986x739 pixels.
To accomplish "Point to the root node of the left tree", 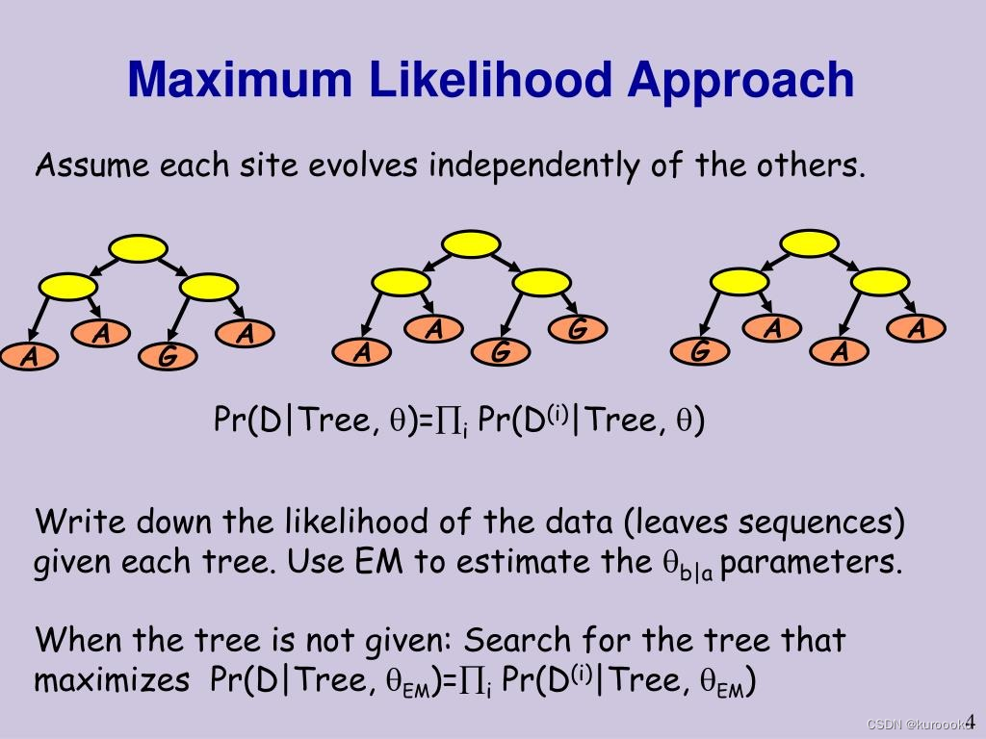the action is pyautogui.click(x=139, y=248).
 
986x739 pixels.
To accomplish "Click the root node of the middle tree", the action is pyautogui.click(x=472, y=242).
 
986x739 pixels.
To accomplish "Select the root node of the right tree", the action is pyautogui.click(x=809, y=242).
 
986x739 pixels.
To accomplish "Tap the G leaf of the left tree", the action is pyautogui.click(x=168, y=357).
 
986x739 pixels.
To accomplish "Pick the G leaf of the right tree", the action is pyautogui.click(x=699, y=352).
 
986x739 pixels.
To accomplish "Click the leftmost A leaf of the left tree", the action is pyautogui.click(x=31, y=357).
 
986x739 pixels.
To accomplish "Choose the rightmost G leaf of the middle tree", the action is pyautogui.click(x=577, y=329).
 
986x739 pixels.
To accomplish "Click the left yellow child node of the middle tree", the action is pyautogui.click(x=401, y=282).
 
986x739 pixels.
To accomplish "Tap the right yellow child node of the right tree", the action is pyautogui.click(x=880, y=282).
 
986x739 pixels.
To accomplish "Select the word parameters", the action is pyautogui.click(x=814, y=562).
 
